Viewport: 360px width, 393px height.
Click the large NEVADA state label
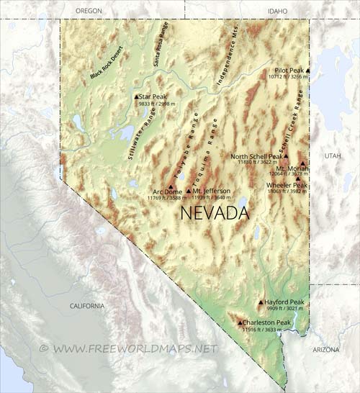(214, 213)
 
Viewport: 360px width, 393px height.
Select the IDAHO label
(276, 12)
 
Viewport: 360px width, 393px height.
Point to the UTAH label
(333, 155)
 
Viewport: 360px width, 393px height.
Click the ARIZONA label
(325, 349)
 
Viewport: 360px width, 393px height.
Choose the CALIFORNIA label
(86, 306)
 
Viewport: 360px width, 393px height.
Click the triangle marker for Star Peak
(136, 96)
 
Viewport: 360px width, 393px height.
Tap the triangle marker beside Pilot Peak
(308, 70)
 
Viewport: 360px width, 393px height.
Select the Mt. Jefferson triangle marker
(189, 191)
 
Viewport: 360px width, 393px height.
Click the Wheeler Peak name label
(287, 185)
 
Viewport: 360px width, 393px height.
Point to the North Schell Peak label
(256, 156)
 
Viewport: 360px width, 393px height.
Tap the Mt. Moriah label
(292, 168)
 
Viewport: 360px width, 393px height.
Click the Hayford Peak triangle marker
(261, 302)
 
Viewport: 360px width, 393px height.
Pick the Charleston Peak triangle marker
(240, 322)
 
